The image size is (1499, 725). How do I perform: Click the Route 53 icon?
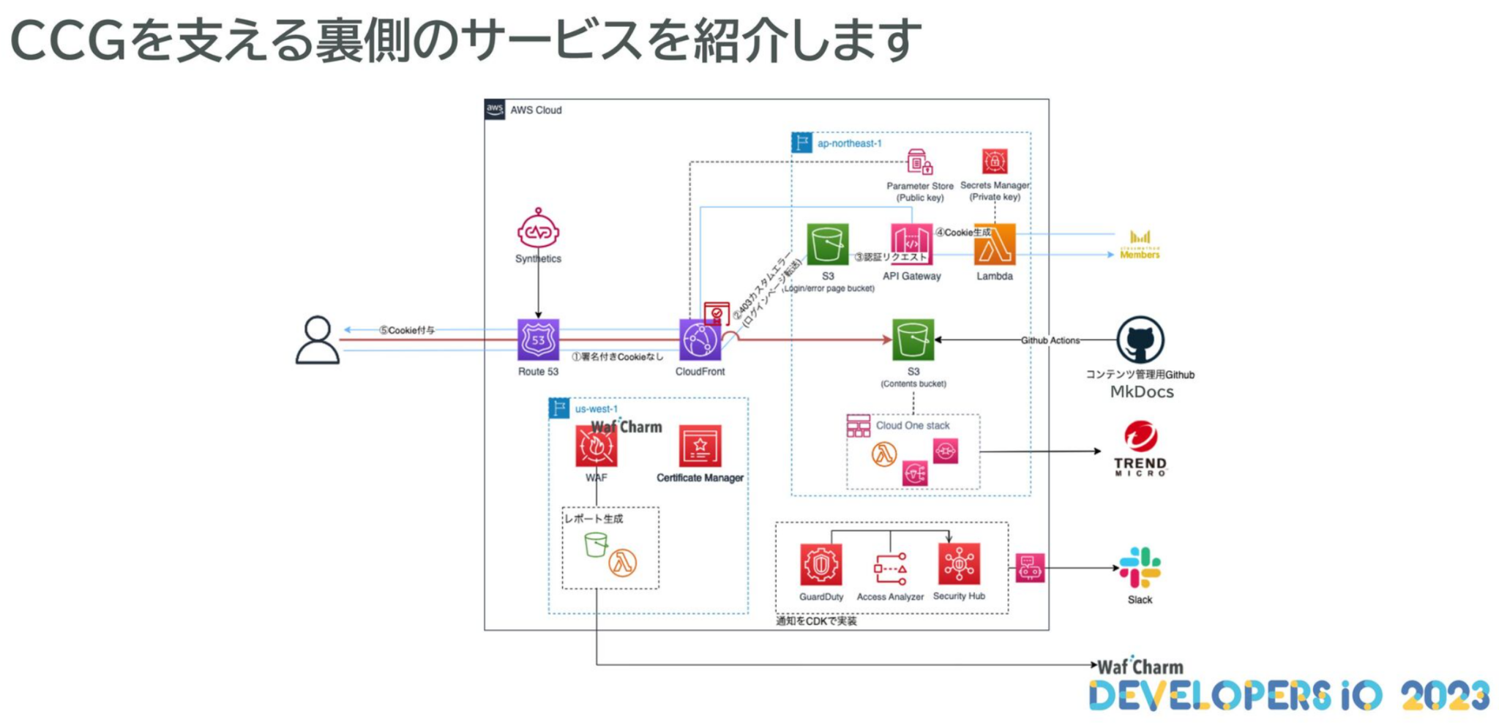coord(538,339)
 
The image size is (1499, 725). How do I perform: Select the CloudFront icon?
coord(700,340)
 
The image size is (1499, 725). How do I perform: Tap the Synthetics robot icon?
coord(538,229)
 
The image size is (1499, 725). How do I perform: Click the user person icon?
coord(317,340)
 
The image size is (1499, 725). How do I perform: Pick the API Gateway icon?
coord(911,244)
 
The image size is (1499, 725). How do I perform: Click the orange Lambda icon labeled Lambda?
coord(994,244)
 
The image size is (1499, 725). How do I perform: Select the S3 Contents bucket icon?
coord(913,340)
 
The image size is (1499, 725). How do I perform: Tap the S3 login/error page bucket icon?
coord(827,244)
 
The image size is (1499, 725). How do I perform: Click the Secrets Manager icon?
coord(994,161)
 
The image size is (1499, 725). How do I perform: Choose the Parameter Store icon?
coord(919,162)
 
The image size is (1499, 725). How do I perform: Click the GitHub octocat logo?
coord(1140,340)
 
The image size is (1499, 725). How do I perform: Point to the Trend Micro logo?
coord(1140,448)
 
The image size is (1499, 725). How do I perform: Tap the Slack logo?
coord(1140,568)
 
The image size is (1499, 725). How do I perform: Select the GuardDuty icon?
coord(820,564)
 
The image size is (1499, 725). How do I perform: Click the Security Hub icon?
coord(959,564)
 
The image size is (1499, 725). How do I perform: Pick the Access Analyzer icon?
coord(890,568)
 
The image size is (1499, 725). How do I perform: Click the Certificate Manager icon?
coord(700,446)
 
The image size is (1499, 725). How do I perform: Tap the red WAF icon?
coord(596,446)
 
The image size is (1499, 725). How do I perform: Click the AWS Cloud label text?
coord(536,110)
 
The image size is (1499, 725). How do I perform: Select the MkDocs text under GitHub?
coord(1141,392)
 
